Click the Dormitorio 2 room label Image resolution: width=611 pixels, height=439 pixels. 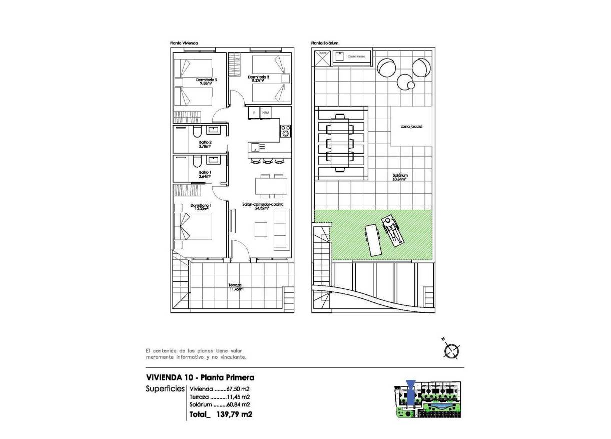(x=206, y=81)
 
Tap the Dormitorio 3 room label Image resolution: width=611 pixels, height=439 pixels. (x=259, y=78)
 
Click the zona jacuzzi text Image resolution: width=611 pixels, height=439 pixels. (x=411, y=127)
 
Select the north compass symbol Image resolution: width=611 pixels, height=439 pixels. (x=452, y=351)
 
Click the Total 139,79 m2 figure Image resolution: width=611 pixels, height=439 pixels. (x=221, y=414)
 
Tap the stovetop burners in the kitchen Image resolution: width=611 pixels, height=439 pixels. (x=285, y=131)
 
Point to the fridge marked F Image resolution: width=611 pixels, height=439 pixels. (x=254, y=113)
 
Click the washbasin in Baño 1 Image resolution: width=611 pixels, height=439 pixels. (x=214, y=160)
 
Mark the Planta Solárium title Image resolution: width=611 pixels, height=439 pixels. (x=325, y=44)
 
